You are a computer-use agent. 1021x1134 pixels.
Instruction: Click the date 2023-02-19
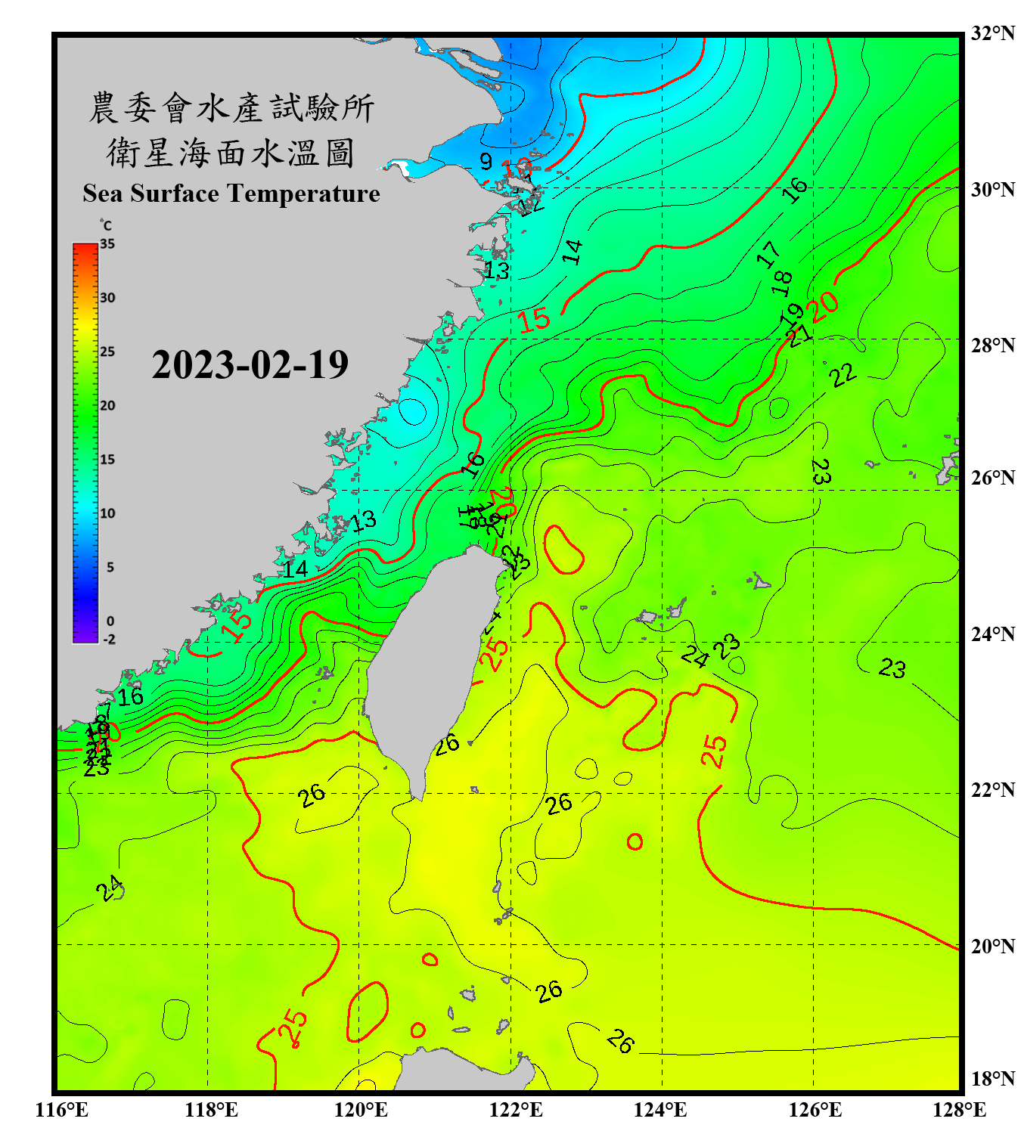click(x=250, y=365)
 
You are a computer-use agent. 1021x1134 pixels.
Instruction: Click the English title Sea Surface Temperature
click(x=231, y=194)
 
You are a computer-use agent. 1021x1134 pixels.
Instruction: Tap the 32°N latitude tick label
click(x=992, y=33)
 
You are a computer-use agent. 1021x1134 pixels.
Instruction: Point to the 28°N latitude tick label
click(x=992, y=345)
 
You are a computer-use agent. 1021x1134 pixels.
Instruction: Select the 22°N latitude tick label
click(x=992, y=790)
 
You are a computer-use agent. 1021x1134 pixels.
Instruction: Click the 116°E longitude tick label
click(x=61, y=1110)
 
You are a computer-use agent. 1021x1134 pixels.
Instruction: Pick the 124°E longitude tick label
click(x=660, y=1110)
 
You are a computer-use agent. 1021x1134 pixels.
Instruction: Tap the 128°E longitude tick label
click(x=959, y=1110)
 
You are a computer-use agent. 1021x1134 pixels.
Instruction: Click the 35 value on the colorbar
click(x=107, y=244)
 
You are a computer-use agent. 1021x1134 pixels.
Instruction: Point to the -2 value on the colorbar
click(x=109, y=640)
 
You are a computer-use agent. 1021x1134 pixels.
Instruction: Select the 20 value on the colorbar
click(x=107, y=405)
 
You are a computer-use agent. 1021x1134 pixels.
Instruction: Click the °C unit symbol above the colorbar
click(x=106, y=225)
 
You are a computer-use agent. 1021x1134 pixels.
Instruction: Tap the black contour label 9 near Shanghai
click(x=486, y=161)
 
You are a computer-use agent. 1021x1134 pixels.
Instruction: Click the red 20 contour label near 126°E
click(x=824, y=306)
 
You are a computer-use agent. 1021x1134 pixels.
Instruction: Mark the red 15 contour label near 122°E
click(x=534, y=320)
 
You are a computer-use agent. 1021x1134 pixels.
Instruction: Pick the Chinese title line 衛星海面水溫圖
click(x=231, y=153)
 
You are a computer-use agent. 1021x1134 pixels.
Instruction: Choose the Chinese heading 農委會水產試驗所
click(x=231, y=108)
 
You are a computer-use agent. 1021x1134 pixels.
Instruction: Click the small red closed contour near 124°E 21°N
click(x=635, y=841)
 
